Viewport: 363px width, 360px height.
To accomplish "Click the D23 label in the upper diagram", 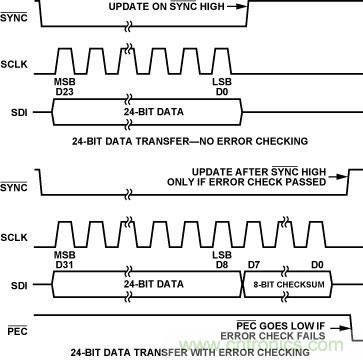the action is (x=65, y=92).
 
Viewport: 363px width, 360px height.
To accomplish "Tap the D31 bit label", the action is (x=64, y=265).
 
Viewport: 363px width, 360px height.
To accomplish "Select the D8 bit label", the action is (x=223, y=265).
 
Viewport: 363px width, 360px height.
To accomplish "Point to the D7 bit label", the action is (x=255, y=265).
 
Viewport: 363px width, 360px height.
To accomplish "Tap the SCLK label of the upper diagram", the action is (x=14, y=64).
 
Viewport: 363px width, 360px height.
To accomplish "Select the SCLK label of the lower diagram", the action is (x=14, y=237).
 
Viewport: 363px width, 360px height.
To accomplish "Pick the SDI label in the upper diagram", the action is (x=20, y=112).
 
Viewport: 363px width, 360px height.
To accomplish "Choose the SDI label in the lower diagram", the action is (x=20, y=285).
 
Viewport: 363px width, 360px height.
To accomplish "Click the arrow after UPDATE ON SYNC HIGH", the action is (x=237, y=6).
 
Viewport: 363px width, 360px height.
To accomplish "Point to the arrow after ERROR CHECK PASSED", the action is (x=337, y=177).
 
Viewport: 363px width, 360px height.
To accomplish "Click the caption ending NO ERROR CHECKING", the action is (x=190, y=141).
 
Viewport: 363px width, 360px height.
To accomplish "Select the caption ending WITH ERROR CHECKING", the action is (x=190, y=352).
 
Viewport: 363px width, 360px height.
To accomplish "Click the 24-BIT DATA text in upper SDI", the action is (x=154, y=111).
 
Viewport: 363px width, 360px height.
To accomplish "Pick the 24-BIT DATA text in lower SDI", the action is (x=154, y=284).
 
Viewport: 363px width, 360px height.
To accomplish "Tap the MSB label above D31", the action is (x=65, y=255).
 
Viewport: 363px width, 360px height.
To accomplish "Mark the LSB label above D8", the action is (x=222, y=255).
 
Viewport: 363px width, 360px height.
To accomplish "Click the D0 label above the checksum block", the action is (x=317, y=265).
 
